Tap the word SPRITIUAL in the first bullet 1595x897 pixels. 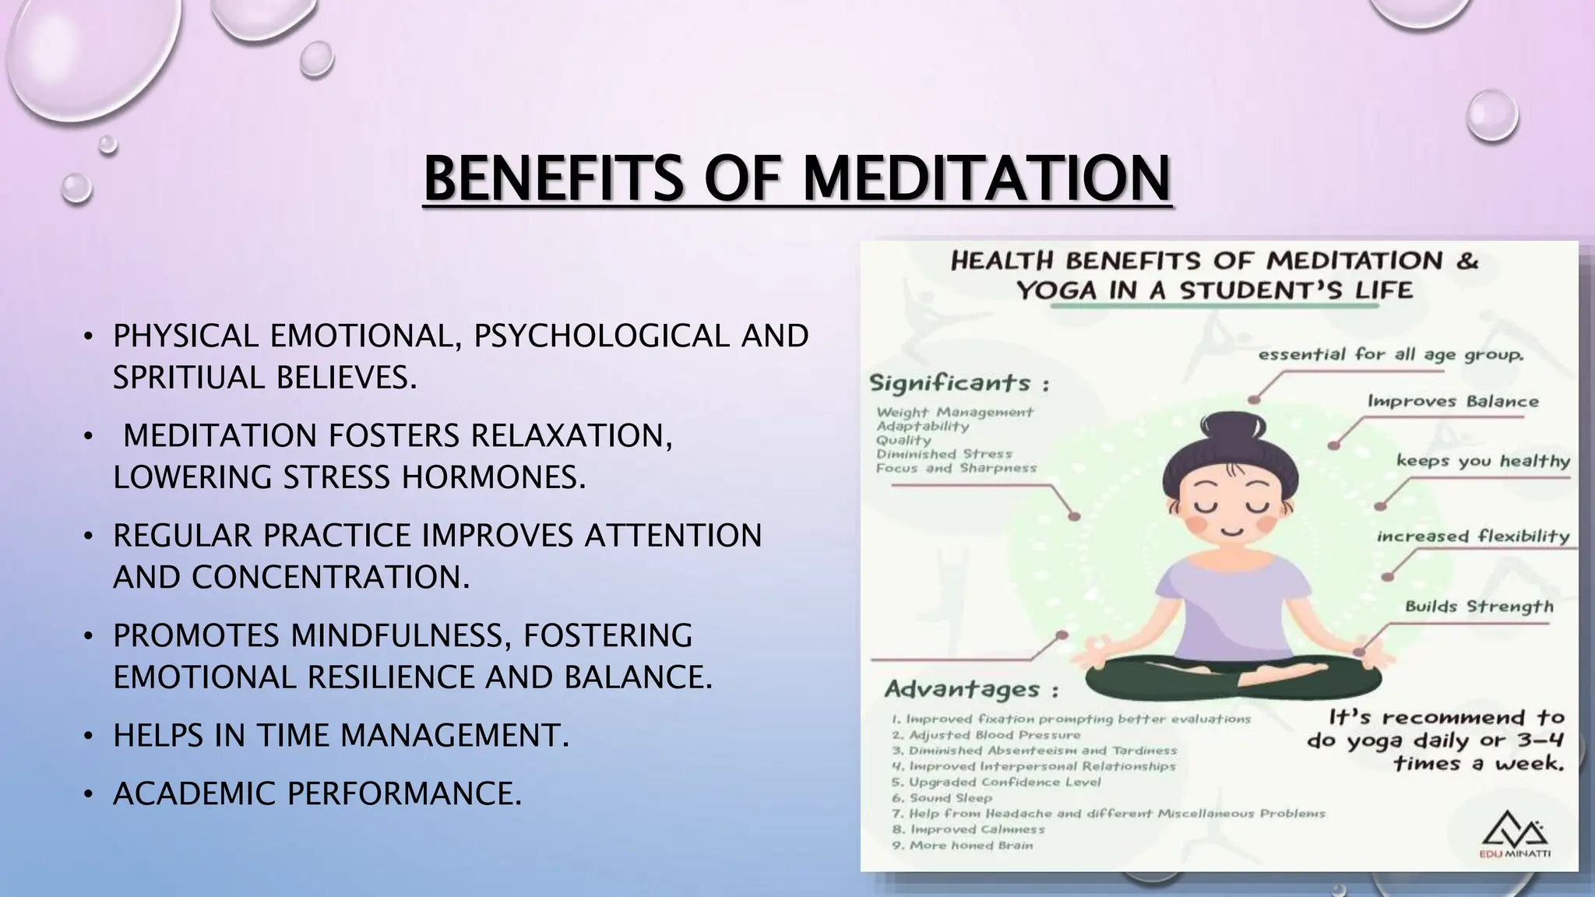[x=190, y=378]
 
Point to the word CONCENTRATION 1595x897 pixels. [x=330, y=577]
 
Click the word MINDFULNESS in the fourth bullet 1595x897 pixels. [x=401, y=635]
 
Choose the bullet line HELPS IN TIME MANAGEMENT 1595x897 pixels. [x=340, y=735]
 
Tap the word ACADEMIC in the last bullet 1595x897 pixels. [x=195, y=793]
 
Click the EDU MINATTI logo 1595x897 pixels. [x=1514, y=834]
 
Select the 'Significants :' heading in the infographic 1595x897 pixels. [x=959, y=383]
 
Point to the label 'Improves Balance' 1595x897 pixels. [x=1453, y=402]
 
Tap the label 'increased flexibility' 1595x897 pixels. [x=1472, y=536]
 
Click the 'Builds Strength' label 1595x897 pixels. [x=1478, y=607]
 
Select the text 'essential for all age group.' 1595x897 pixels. [x=1391, y=355]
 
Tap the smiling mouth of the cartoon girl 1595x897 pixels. [x=1231, y=531]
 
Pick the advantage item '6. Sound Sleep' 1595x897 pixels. [x=942, y=798]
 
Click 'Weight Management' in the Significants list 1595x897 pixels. [x=955, y=412]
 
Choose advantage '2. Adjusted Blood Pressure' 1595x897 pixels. [x=986, y=735]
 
